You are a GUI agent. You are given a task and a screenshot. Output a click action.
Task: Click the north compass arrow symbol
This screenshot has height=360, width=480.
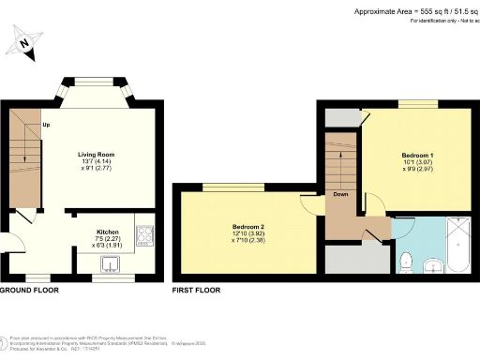coord(27,42)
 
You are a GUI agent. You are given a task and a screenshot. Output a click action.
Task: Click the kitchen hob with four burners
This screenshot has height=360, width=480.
coord(145,236)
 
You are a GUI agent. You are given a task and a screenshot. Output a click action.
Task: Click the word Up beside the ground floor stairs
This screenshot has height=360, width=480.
coord(46,125)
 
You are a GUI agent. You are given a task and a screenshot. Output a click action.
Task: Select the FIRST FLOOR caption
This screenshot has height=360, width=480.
coord(195,291)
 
